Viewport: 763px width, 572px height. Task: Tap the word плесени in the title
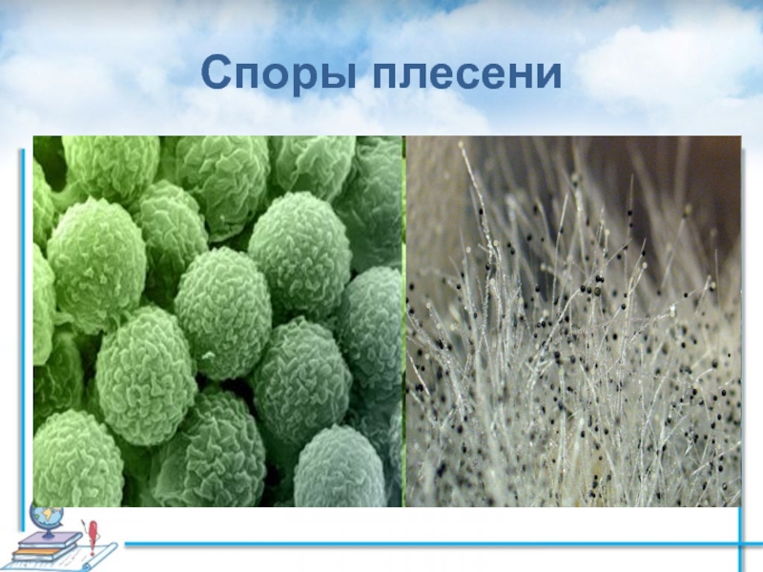[x=467, y=73]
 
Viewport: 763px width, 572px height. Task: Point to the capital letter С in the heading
[x=216, y=72]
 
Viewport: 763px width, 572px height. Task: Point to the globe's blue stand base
[x=49, y=536]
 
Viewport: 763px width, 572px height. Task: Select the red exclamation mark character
[x=93, y=537]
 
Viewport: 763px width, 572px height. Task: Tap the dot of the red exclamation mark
[x=92, y=554]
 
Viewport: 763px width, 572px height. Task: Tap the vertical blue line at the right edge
[x=741, y=539]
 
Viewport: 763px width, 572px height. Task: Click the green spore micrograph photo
[x=218, y=321]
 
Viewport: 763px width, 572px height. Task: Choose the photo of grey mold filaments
[x=573, y=321]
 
